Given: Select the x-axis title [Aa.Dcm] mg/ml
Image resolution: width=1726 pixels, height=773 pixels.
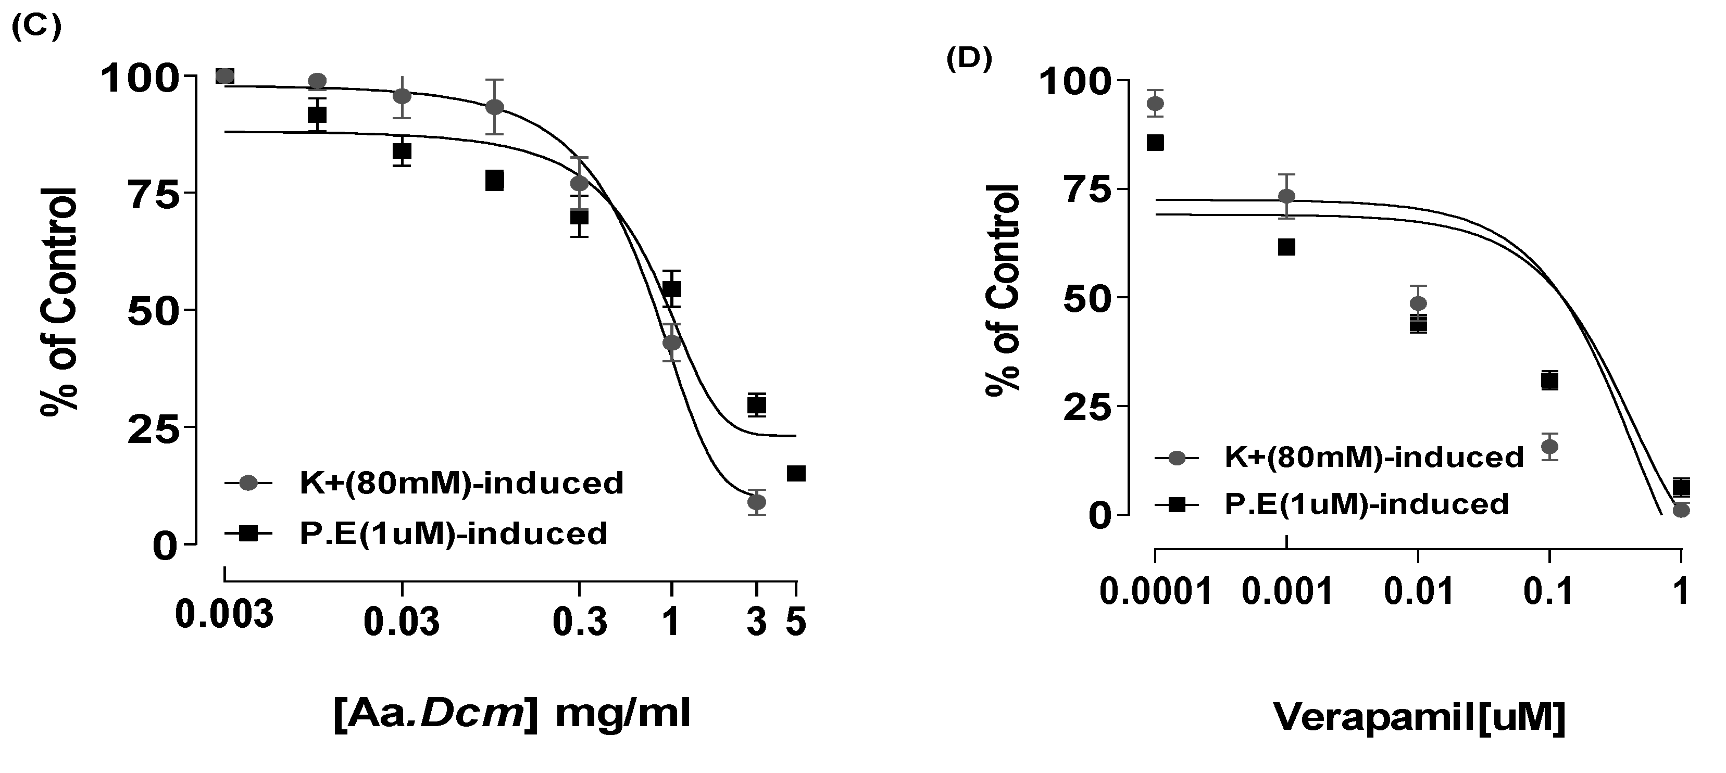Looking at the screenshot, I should pyautogui.click(x=512, y=715).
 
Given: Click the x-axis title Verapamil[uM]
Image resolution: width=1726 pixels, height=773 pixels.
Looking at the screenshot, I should pyautogui.click(x=1419, y=717).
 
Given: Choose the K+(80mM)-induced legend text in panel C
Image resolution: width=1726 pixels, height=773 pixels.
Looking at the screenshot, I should pyautogui.click(x=461, y=483).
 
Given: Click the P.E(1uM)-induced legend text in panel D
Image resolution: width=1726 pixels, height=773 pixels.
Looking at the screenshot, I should pyautogui.click(x=1366, y=504).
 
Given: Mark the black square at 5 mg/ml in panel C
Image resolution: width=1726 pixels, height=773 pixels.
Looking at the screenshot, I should pyautogui.click(x=795, y=474).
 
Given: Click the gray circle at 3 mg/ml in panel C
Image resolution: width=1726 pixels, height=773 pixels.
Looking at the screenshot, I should pyautogui.click(x=756, y=502).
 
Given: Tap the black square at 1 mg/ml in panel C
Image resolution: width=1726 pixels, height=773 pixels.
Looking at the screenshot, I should pyautogui.click(x=672, y=289).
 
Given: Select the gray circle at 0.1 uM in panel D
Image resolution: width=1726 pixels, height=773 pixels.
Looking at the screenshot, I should pyautogui.click(x=1549, y=446).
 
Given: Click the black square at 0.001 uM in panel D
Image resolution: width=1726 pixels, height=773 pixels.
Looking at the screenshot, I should pyautogui.click(x=1286, y=247).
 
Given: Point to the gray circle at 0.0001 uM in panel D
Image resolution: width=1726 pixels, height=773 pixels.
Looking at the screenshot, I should pyautogui.click(x=1155, y=104).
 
